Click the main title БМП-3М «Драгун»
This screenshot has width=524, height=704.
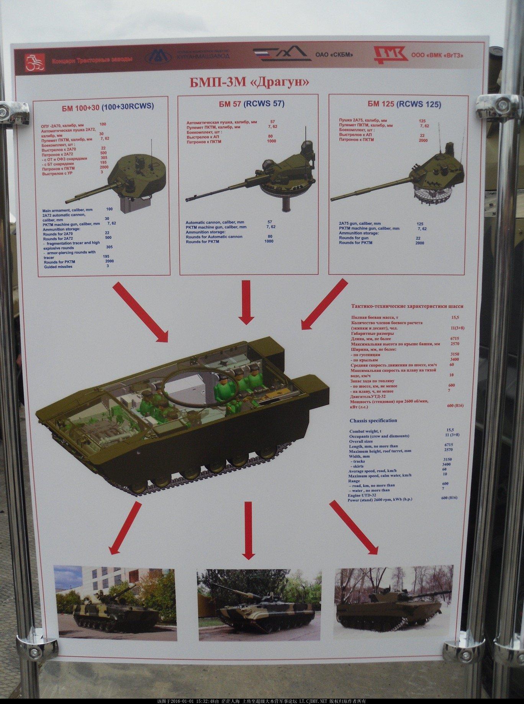(x=249, y=82)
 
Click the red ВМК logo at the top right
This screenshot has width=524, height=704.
(x=390, y=55)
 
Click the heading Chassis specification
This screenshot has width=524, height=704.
(x=373, y=421)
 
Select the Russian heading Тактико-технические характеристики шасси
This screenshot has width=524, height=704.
(x=407, y=306)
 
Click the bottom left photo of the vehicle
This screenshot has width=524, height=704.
(x=115, y=604)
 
